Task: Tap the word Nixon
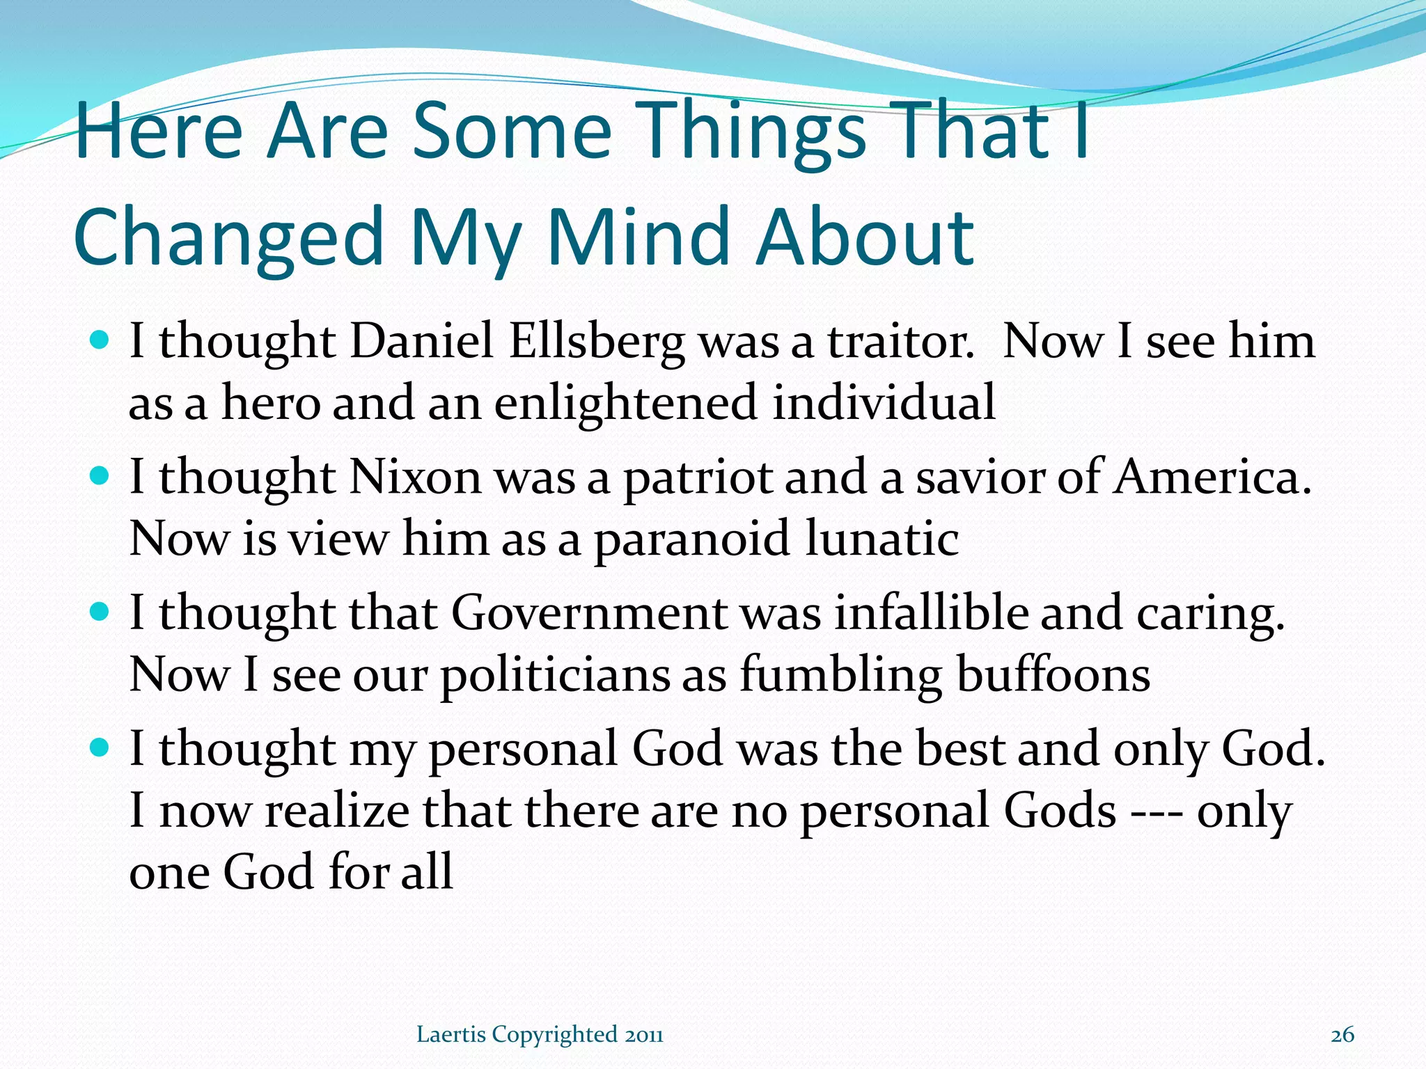[x=415, y=478]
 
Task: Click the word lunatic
[x=882, y=539]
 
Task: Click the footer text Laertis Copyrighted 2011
[x=540, y=1035]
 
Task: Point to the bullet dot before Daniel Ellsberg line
[x=100, y=340]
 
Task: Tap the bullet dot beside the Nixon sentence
[x=100, y=476]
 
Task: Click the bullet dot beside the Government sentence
[x=100, y=612]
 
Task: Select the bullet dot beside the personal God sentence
[x=100, y=748]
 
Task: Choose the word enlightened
[x=625, y=404]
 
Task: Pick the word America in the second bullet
[x=1211, y=478]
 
